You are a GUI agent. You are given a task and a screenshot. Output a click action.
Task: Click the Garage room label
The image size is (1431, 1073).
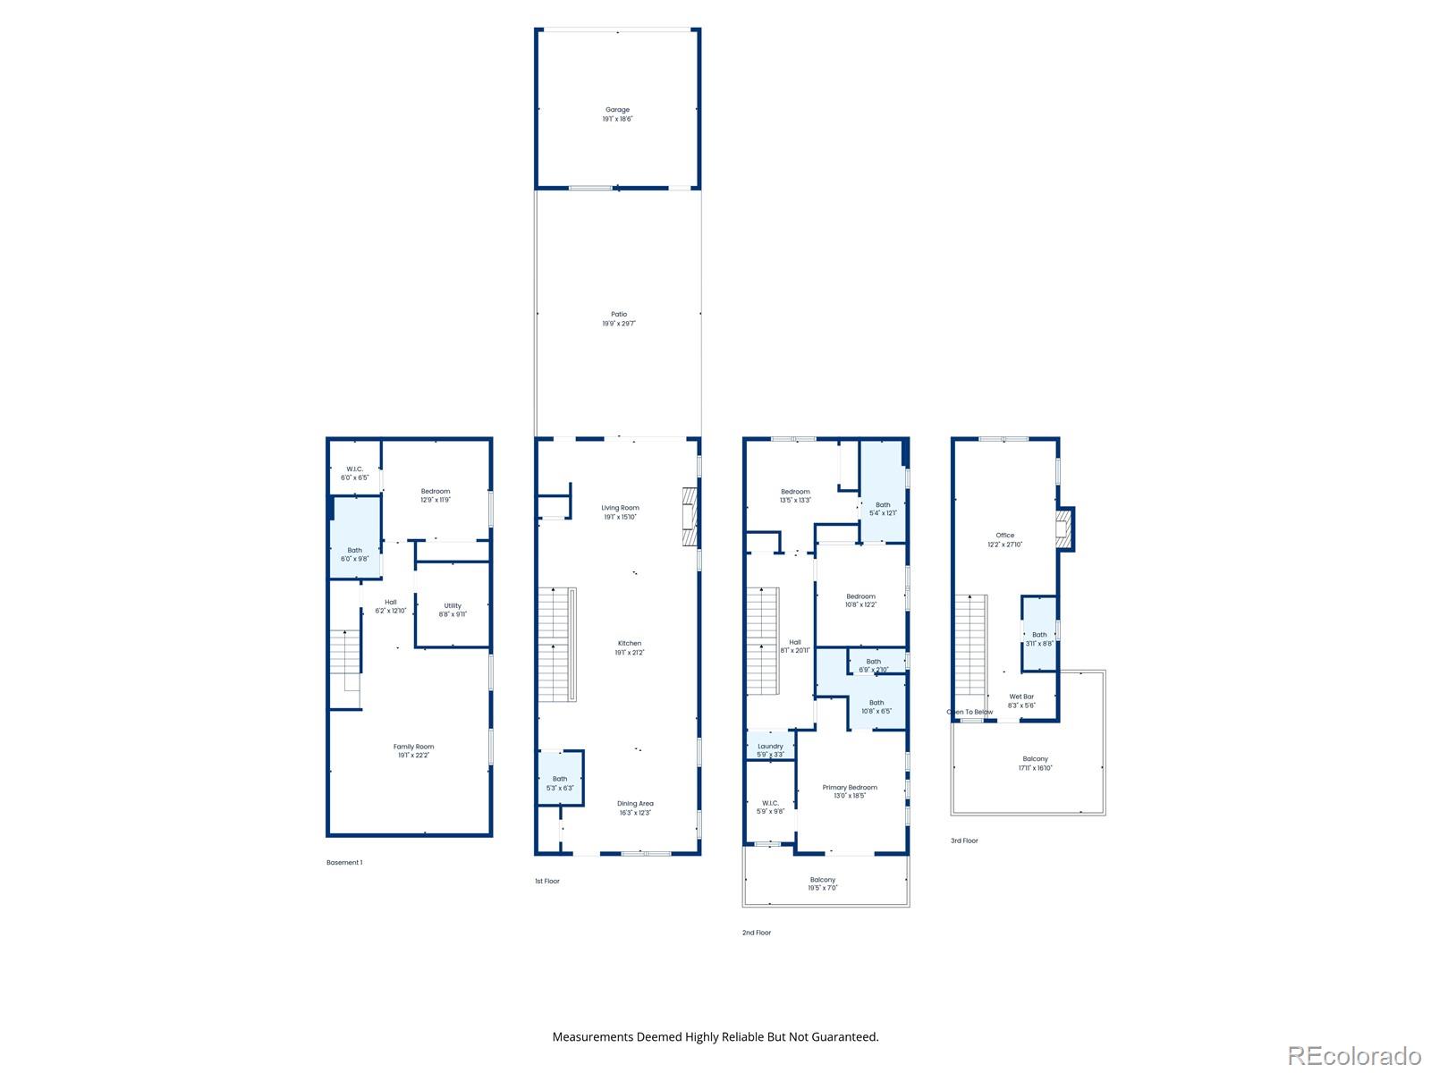click(617, 110)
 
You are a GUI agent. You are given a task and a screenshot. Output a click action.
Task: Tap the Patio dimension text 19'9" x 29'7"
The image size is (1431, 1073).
click(619, 324)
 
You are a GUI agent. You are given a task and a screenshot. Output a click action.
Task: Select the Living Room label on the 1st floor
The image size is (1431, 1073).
click(620, 508)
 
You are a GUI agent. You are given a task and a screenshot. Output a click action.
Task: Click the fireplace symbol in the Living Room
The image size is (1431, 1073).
click(689, 516)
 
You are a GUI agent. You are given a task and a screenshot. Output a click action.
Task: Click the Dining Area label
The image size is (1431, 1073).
click(635, 803)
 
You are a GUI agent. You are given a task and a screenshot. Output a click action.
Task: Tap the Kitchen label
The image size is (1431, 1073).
click(629, 643)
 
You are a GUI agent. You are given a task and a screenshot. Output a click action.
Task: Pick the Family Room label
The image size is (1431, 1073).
click(413, 747)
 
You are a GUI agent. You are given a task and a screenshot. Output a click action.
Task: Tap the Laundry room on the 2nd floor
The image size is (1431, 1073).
click(770, 747)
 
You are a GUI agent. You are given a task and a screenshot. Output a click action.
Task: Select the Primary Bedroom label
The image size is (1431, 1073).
click(850, 788)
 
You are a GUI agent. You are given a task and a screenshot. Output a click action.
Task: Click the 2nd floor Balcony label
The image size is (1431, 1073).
click(823, 880)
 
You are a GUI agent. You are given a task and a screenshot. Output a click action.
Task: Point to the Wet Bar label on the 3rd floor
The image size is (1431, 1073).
click(1021, 697)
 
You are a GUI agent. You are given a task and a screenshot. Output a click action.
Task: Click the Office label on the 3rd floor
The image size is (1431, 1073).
click(1005, 536)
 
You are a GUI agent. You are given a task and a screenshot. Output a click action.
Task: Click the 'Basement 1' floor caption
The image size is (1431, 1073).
click(344, 863)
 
